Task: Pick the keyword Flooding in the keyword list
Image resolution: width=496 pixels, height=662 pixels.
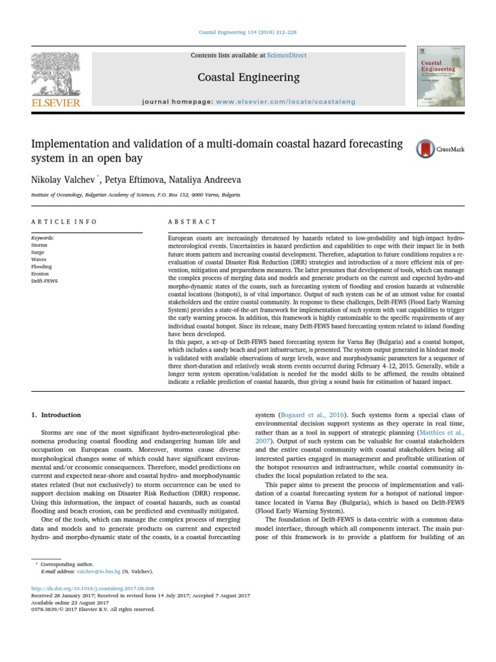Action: tap(41, 266)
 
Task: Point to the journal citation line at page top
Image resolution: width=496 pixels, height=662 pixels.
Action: tap(248, 32)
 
